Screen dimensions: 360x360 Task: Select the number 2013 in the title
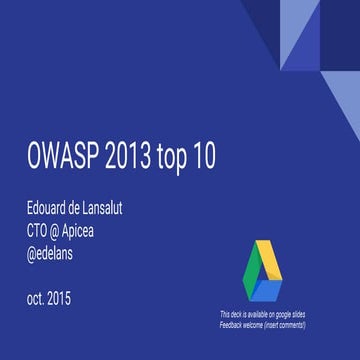tap(145, 158)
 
